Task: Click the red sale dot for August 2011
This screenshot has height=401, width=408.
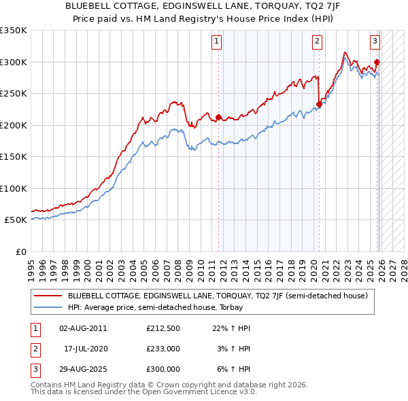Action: click(x=218, y=117)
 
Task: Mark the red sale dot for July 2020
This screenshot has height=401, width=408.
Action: click(x=319, y=104)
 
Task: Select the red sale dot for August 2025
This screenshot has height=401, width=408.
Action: click(x=377, y=63)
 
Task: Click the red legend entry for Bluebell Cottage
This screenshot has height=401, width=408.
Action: click(x=218, y=296)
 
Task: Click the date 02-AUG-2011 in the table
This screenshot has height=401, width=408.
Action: click(x=83, y=328)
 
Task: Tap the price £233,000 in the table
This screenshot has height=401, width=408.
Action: click(x=163, y=349)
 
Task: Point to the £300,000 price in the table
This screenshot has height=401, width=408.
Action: click(x=163, y=369)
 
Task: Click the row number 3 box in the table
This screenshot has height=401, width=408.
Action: click(x=34, y=369)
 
